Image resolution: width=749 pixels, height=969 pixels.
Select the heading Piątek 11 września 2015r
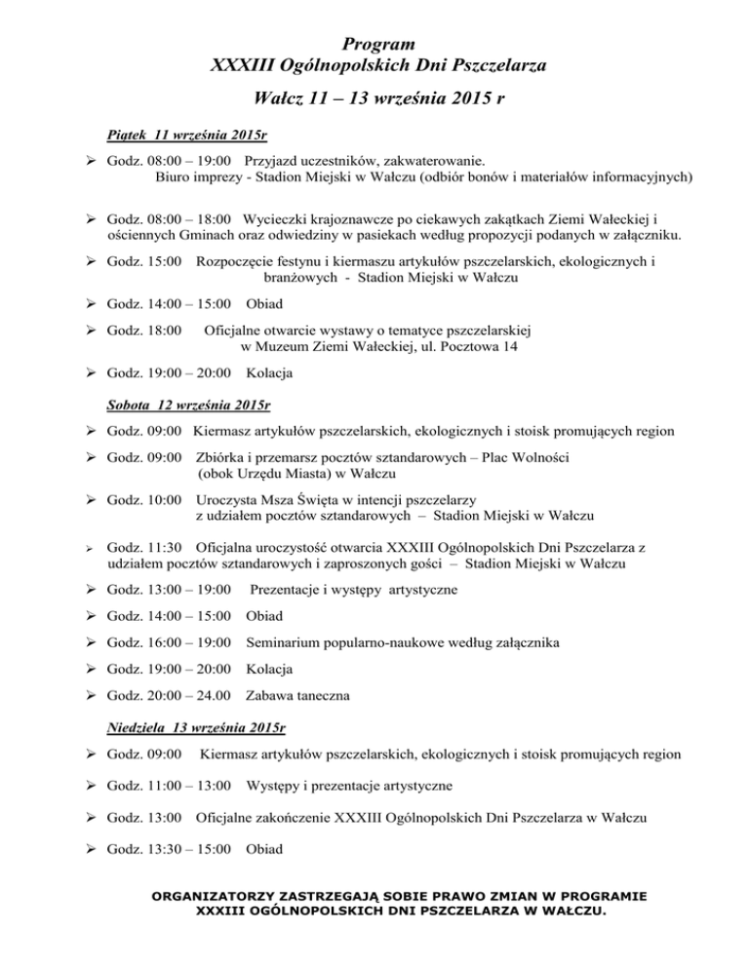pos(187,132)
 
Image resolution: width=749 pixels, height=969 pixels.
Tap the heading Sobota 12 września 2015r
pos(188,404)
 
